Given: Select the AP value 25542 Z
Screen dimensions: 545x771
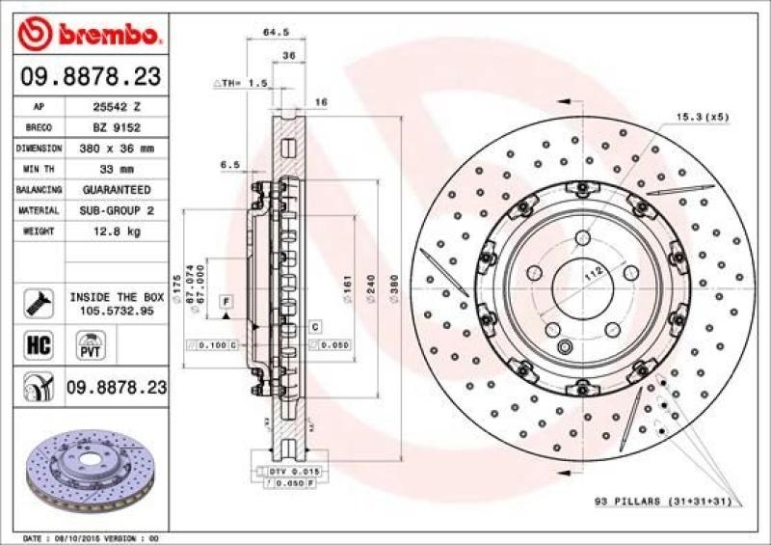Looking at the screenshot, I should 115,107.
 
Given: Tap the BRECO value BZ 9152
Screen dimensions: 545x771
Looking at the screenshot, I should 115,127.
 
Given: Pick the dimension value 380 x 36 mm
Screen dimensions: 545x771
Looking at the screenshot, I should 115,149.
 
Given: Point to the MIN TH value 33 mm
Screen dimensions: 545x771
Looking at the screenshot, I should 115,169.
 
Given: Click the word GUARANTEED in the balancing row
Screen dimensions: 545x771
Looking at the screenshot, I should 115,190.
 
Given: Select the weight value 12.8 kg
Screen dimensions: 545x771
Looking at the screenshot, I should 115,232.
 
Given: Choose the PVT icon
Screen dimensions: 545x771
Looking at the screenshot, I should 91,345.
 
